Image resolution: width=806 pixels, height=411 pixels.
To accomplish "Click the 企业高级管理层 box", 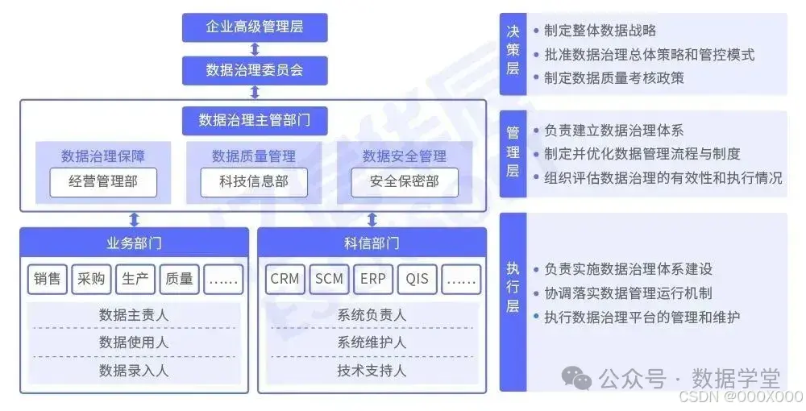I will pos(254,28).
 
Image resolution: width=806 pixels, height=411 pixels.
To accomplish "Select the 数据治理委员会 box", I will pos(254,70).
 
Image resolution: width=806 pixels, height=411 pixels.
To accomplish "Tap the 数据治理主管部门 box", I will pos(254,121).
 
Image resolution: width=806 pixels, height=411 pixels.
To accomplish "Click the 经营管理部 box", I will pos(103,182).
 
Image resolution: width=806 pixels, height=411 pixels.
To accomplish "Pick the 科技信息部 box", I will pos(254,182).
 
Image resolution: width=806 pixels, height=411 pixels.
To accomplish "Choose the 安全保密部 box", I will pos(405,182).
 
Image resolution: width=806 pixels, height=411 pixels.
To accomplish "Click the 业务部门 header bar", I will pos(134,243).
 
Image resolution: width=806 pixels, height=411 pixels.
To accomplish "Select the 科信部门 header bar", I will pos(372,243).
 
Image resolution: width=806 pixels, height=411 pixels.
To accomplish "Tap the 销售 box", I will pos(48,279).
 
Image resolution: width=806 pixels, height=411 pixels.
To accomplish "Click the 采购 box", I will pos(91,279).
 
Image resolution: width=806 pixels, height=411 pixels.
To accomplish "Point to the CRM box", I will pos(285,279).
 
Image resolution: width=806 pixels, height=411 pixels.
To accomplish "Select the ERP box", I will pos(373,279).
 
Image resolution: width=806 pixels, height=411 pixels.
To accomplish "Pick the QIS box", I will pos(417,279).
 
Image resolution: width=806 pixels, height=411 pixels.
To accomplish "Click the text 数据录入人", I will pos(134,370).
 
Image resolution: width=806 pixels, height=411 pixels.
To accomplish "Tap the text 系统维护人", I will pos(372,342).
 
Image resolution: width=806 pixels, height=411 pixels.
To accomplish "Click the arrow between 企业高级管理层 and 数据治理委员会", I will pos(255,49).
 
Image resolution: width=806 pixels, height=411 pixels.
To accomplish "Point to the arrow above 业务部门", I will pos(135,219).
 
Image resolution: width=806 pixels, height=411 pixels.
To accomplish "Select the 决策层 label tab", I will pos(513,54).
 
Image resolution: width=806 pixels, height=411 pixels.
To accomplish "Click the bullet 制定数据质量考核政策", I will pos(614,77).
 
